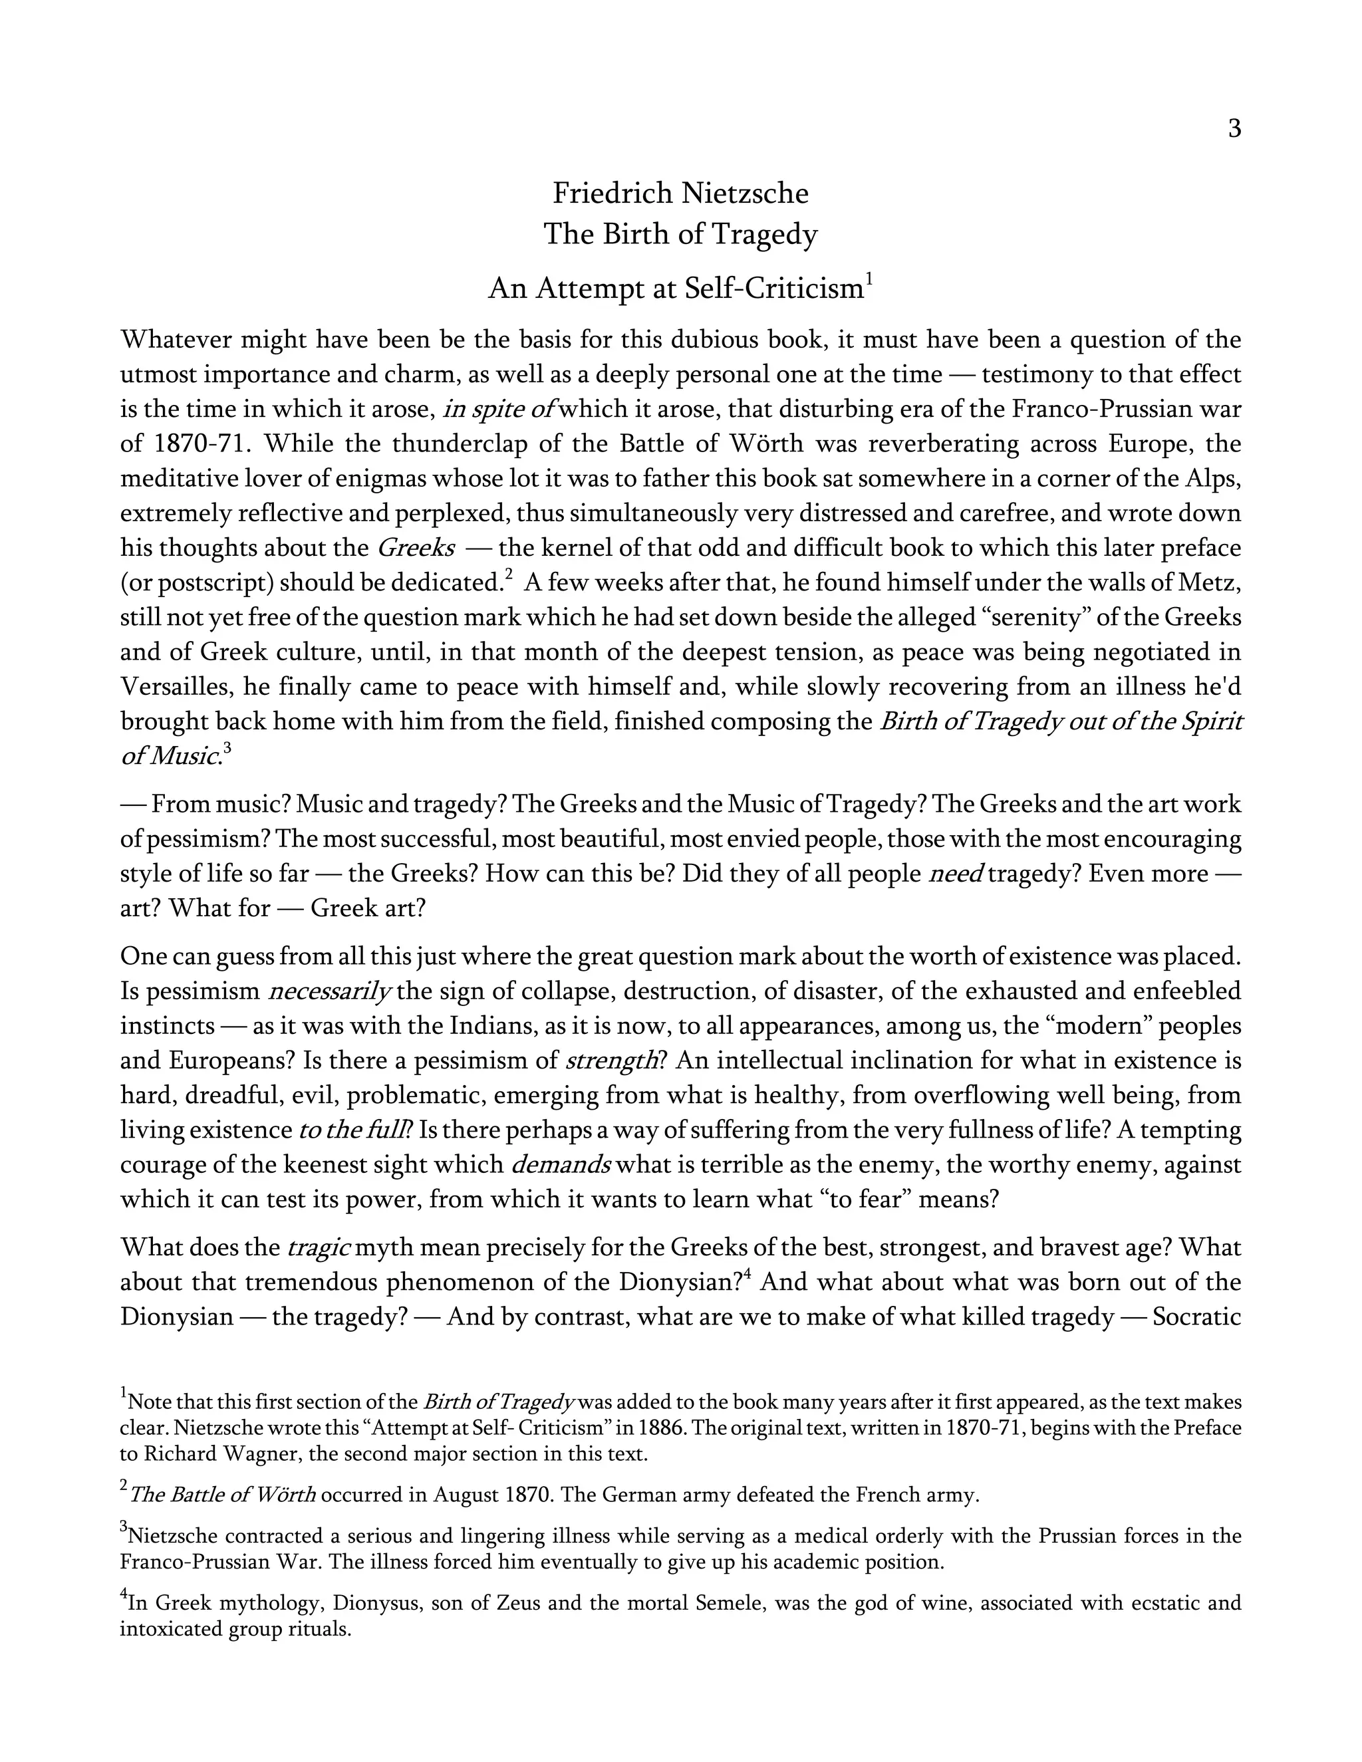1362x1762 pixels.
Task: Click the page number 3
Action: tap(1234, 129)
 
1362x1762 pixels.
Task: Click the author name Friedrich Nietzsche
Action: tap(680, 193)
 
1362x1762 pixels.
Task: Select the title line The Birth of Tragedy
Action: tap(680, 235)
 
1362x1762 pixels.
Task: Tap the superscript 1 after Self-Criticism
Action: tap(869, 279)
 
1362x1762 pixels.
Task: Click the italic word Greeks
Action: tap(416, 549)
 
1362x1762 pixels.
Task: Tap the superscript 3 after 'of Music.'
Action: tap(227, 749)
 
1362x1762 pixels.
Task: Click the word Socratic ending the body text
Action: tap(1196, 1317)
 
